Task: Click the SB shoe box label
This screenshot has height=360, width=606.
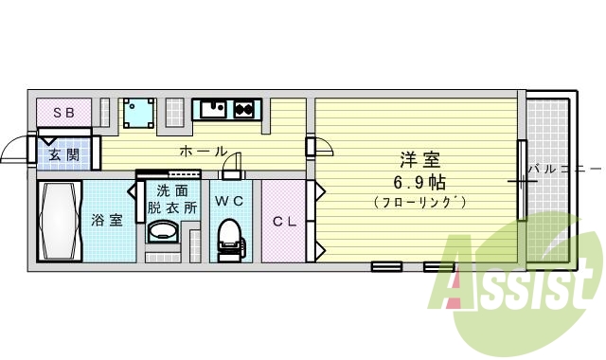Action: coord(64,113)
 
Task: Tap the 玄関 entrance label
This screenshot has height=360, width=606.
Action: coord(63,155)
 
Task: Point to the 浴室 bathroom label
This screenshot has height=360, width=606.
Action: coord(107,221)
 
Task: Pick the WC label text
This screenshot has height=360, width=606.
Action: coord(227,201)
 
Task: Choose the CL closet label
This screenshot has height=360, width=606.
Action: coord(284,222)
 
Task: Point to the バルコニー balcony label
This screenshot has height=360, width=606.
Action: coord(566,170)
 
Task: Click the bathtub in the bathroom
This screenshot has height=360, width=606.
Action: coord(60,222)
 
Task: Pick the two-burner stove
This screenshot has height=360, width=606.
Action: coord(245,109)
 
